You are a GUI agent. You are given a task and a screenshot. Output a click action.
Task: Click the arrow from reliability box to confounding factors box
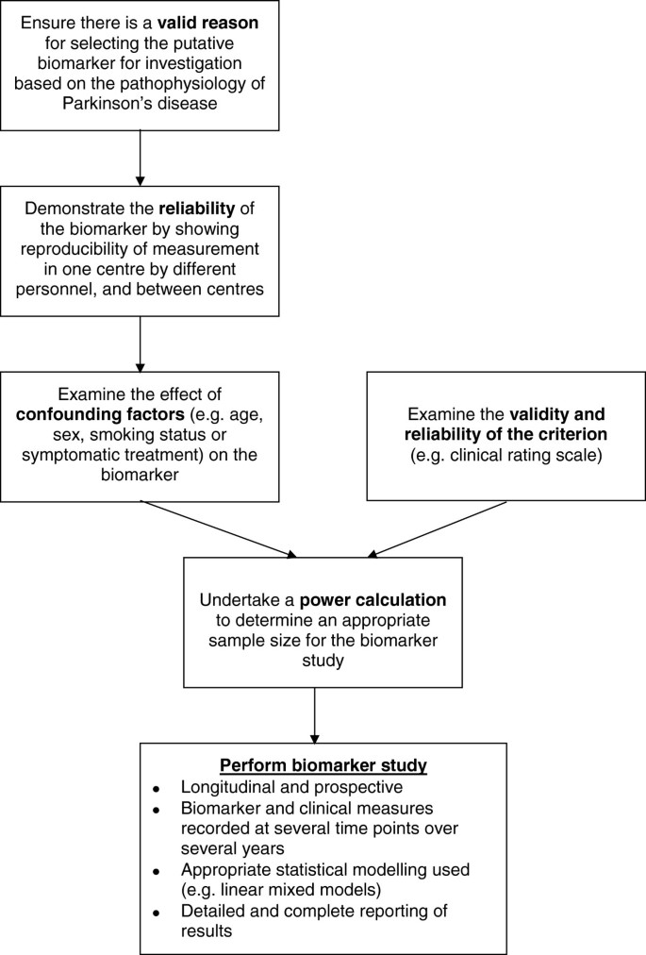coord(141,343)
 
